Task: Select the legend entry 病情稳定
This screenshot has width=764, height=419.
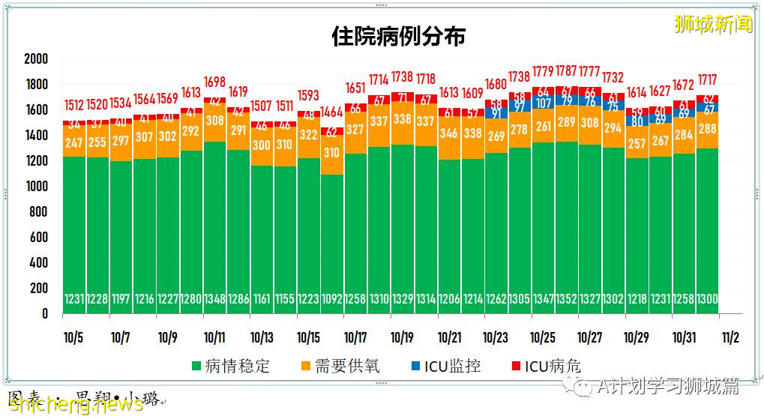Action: [230, 366]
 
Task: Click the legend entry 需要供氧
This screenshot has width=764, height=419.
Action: [339, 366]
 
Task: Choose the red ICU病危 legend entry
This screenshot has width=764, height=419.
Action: [544, 366]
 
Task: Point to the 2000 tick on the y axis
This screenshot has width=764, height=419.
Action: [35, 59]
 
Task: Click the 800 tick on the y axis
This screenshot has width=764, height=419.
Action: [38, 212]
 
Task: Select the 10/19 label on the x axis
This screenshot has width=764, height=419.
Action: [402, 337]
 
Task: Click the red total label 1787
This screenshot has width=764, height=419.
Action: [566, 72]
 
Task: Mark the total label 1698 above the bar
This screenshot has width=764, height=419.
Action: [214, 82]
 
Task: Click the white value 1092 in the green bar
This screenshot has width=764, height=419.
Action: [331, 299]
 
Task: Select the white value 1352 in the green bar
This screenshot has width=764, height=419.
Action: [567, 299]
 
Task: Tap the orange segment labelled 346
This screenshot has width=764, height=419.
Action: [449, 134]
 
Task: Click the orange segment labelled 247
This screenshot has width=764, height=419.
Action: [74, 142]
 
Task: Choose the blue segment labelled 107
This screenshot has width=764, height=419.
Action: [543, 103]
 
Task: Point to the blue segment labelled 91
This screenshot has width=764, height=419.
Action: [496, 113]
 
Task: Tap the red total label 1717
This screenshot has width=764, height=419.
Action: [707, 79]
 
